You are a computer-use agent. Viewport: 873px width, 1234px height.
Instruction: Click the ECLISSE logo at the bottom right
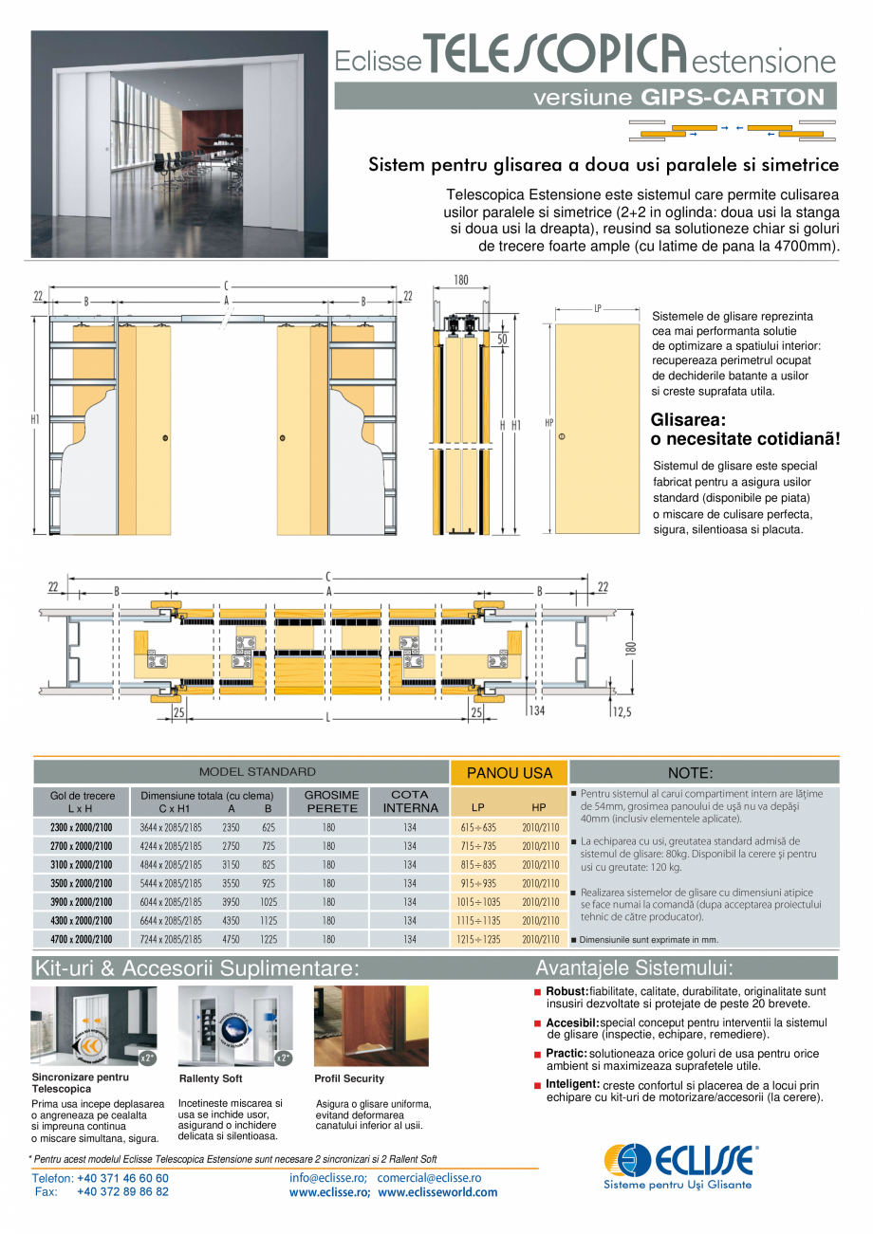click(x=681, y=1159)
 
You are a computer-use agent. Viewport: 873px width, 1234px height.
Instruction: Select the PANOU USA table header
click(x=510, y=773)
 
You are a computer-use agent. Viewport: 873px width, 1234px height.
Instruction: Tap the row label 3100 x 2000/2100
click(x=81, y=864)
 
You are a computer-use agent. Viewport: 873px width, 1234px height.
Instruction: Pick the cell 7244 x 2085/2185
click(x=171, y=939)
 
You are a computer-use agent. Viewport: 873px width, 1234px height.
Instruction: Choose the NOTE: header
click(x=690, y=773)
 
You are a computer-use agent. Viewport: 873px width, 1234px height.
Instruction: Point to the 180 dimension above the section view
click(x=460, y=280)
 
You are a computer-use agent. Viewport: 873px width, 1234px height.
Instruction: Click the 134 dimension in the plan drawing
click(x=537, y=710)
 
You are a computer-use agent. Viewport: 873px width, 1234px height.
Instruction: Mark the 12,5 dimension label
click(x=622, y=711)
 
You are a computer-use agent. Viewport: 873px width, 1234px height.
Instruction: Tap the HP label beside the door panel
click(x=548, y=422)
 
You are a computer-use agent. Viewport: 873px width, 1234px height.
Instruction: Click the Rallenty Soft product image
click(x=235, y=1025)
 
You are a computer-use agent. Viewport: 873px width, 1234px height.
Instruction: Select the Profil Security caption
click(x=349, y=1078)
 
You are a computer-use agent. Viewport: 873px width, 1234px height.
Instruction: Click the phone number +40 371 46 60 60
click(x=122, y=1178)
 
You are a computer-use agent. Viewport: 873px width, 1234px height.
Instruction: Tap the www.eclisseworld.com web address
click(x=437, y=1192)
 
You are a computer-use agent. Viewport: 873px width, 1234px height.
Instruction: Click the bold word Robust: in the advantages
click(x=567, y=991)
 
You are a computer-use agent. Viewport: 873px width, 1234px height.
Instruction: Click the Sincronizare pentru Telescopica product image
click(x=93, y=1025)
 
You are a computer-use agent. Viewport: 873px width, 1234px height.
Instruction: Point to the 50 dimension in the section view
click(x=500, y=339)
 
